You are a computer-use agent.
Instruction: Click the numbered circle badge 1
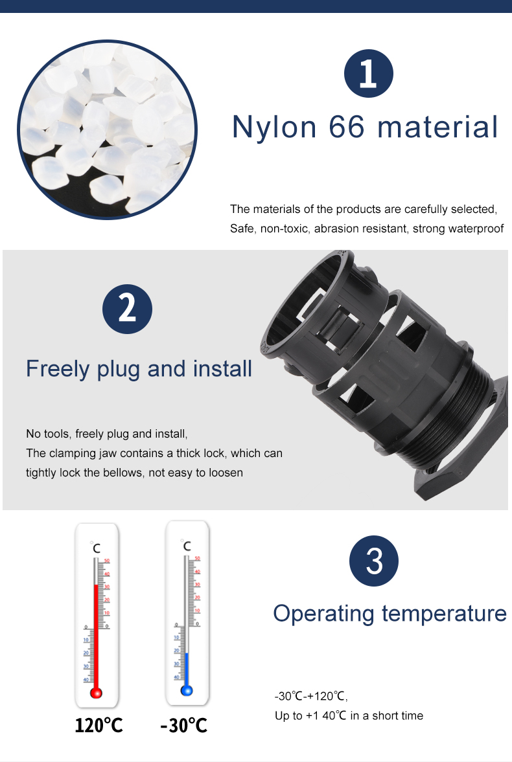(368, 73)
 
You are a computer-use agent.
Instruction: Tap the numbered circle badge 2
(127, 309)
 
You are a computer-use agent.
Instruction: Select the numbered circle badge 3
(374, 561)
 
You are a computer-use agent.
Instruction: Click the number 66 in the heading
(347, 127)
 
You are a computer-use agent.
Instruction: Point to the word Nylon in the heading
(274, 128)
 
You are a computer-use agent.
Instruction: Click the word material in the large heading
(438, 127)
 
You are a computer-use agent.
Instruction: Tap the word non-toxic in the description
(285, 229)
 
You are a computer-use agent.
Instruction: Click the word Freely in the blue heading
(58, 370)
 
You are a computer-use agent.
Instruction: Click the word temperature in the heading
(445, 614)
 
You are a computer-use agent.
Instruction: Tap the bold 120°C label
(99, 725)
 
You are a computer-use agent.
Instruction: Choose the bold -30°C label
(184, 725)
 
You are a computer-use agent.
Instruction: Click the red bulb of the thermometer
(97, 693)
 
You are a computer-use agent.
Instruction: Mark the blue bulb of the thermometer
(187, 689)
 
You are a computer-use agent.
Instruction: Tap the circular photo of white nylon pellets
(107, 129)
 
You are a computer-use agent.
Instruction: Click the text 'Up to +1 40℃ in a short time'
(349, 715)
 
